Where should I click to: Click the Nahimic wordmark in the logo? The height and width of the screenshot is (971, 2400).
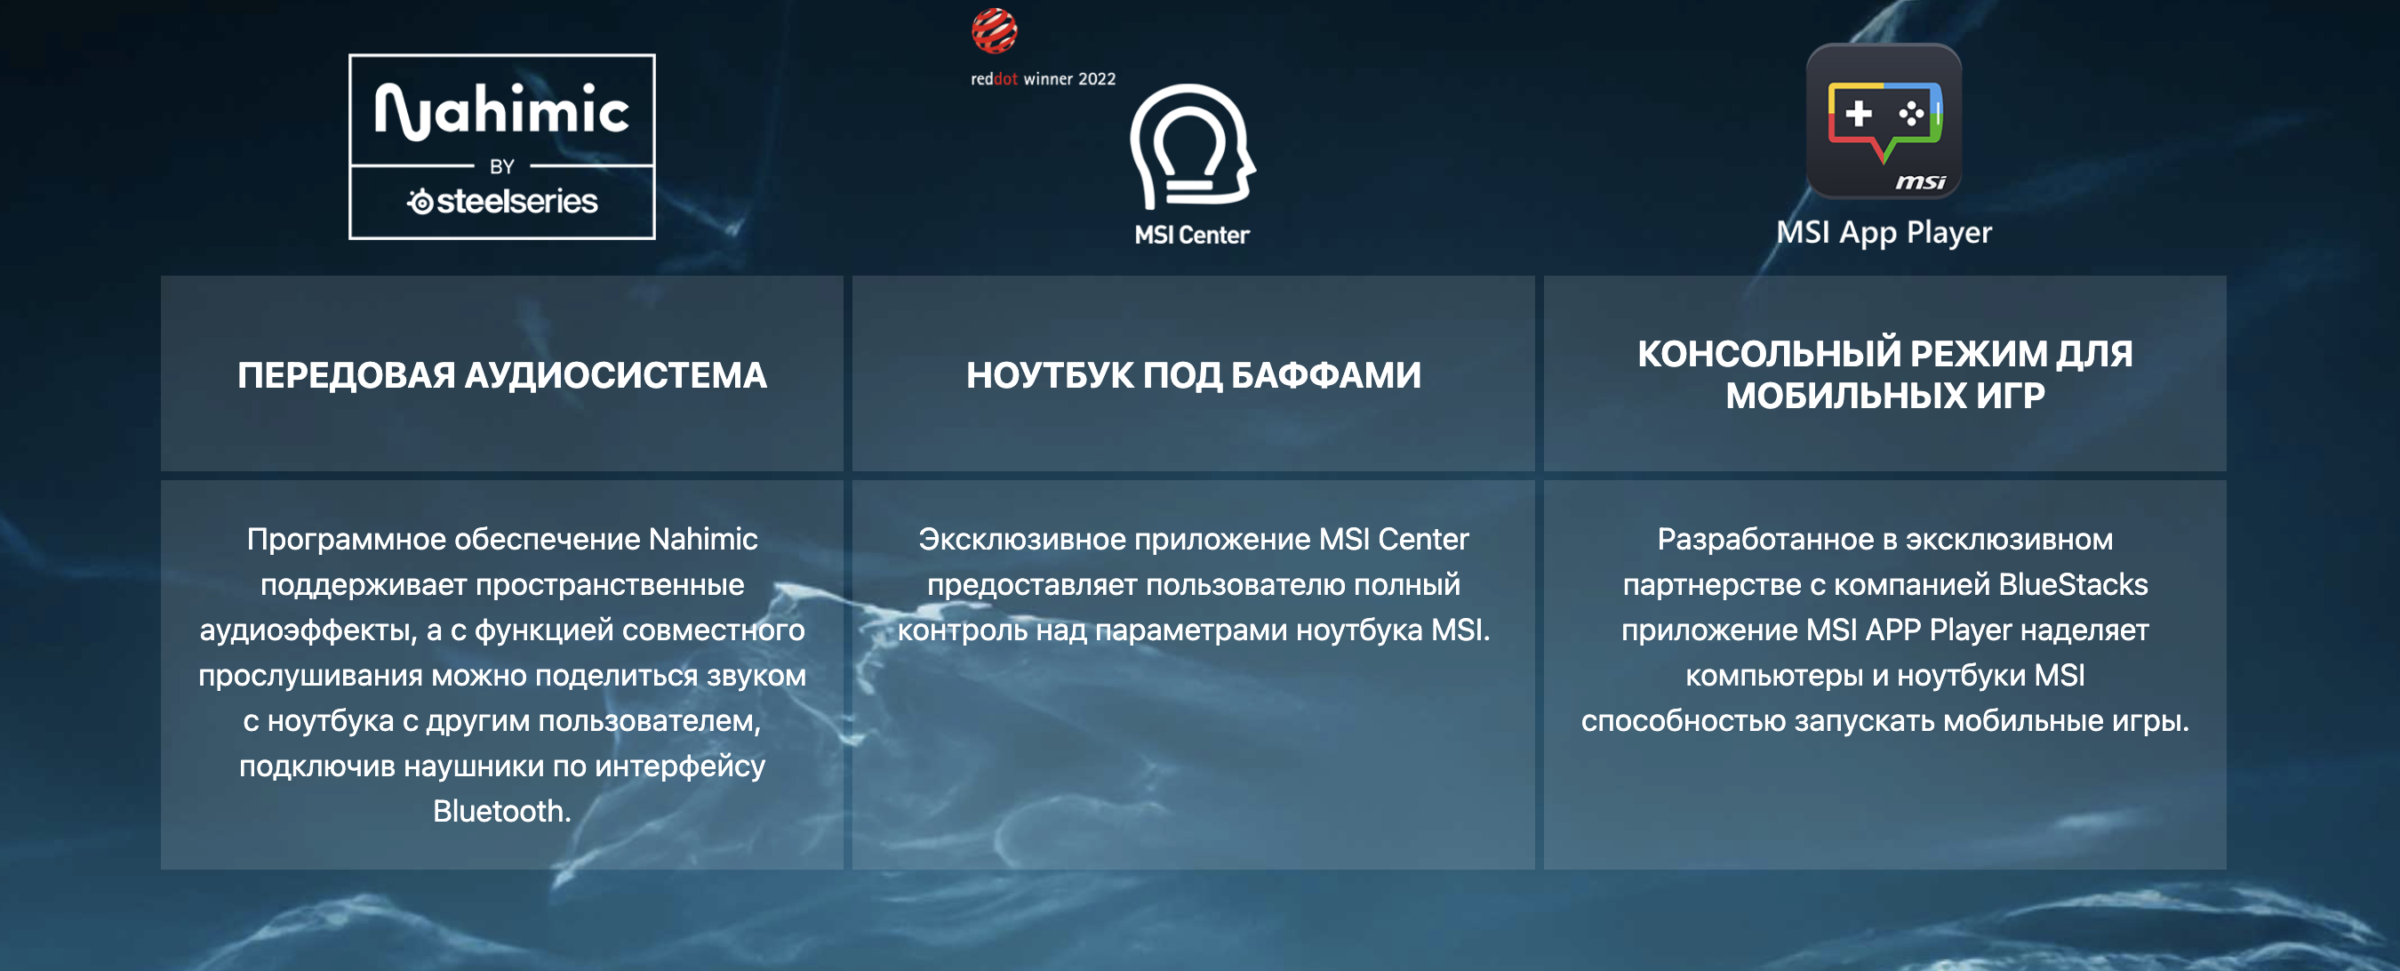[x=501, y=111]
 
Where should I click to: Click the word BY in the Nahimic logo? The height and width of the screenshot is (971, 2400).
[x=502, y=167]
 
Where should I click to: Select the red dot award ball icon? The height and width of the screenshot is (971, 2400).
[x=994, y=31]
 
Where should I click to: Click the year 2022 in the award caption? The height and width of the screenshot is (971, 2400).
[x=1097, y=79]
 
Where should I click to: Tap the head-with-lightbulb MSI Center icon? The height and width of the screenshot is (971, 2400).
[x=1193, y=147]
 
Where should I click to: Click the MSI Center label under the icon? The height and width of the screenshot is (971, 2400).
[x=1192, y=235]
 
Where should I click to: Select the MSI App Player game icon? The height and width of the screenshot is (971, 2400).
[x=1884, y=121]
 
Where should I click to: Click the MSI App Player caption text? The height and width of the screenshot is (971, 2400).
[x=1884, y=232]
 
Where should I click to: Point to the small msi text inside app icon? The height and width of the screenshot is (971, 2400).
[x=1921, y=181]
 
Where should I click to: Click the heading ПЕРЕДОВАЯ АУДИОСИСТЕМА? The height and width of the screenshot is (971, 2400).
[x=502, y=375]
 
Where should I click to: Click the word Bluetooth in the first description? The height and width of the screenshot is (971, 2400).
[x=502, y=811]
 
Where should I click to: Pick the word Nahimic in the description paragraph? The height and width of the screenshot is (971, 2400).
[x=703, y=539]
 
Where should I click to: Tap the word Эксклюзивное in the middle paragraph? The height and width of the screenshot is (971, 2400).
[x=1022, y=540]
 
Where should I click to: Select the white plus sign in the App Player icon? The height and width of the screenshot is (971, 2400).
[x=1859, y=113]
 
